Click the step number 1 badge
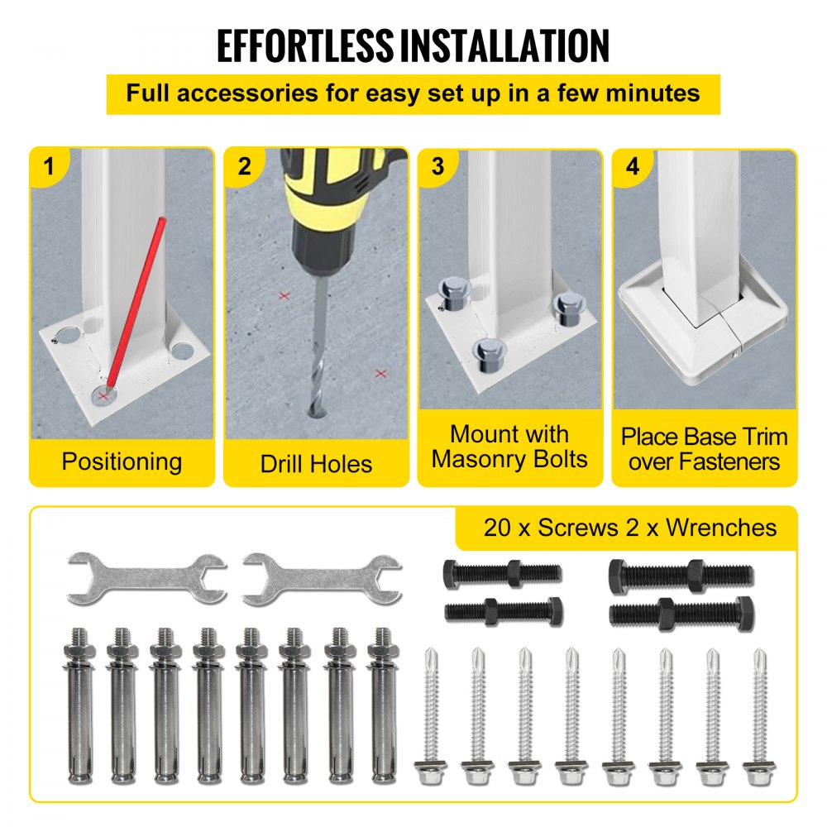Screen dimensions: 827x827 coord(49,167)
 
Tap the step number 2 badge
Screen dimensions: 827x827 coord(244,167)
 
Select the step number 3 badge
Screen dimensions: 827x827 coord(437,167)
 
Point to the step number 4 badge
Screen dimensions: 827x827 coord(633,167)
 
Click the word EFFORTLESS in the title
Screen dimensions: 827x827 coord(305,46)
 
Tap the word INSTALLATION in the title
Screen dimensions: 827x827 coord(504,46)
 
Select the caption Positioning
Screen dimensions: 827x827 coord(122,462)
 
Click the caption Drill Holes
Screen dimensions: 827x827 coord(316,464)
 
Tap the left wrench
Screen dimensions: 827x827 coord(147,579)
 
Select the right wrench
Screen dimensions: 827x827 coord(323,579)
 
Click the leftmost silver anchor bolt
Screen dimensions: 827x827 coord(79,705)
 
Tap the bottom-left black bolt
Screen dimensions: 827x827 coord(504,612)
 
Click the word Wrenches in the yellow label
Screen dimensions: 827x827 coord(721,528)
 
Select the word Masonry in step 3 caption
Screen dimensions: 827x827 coord(480,459)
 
